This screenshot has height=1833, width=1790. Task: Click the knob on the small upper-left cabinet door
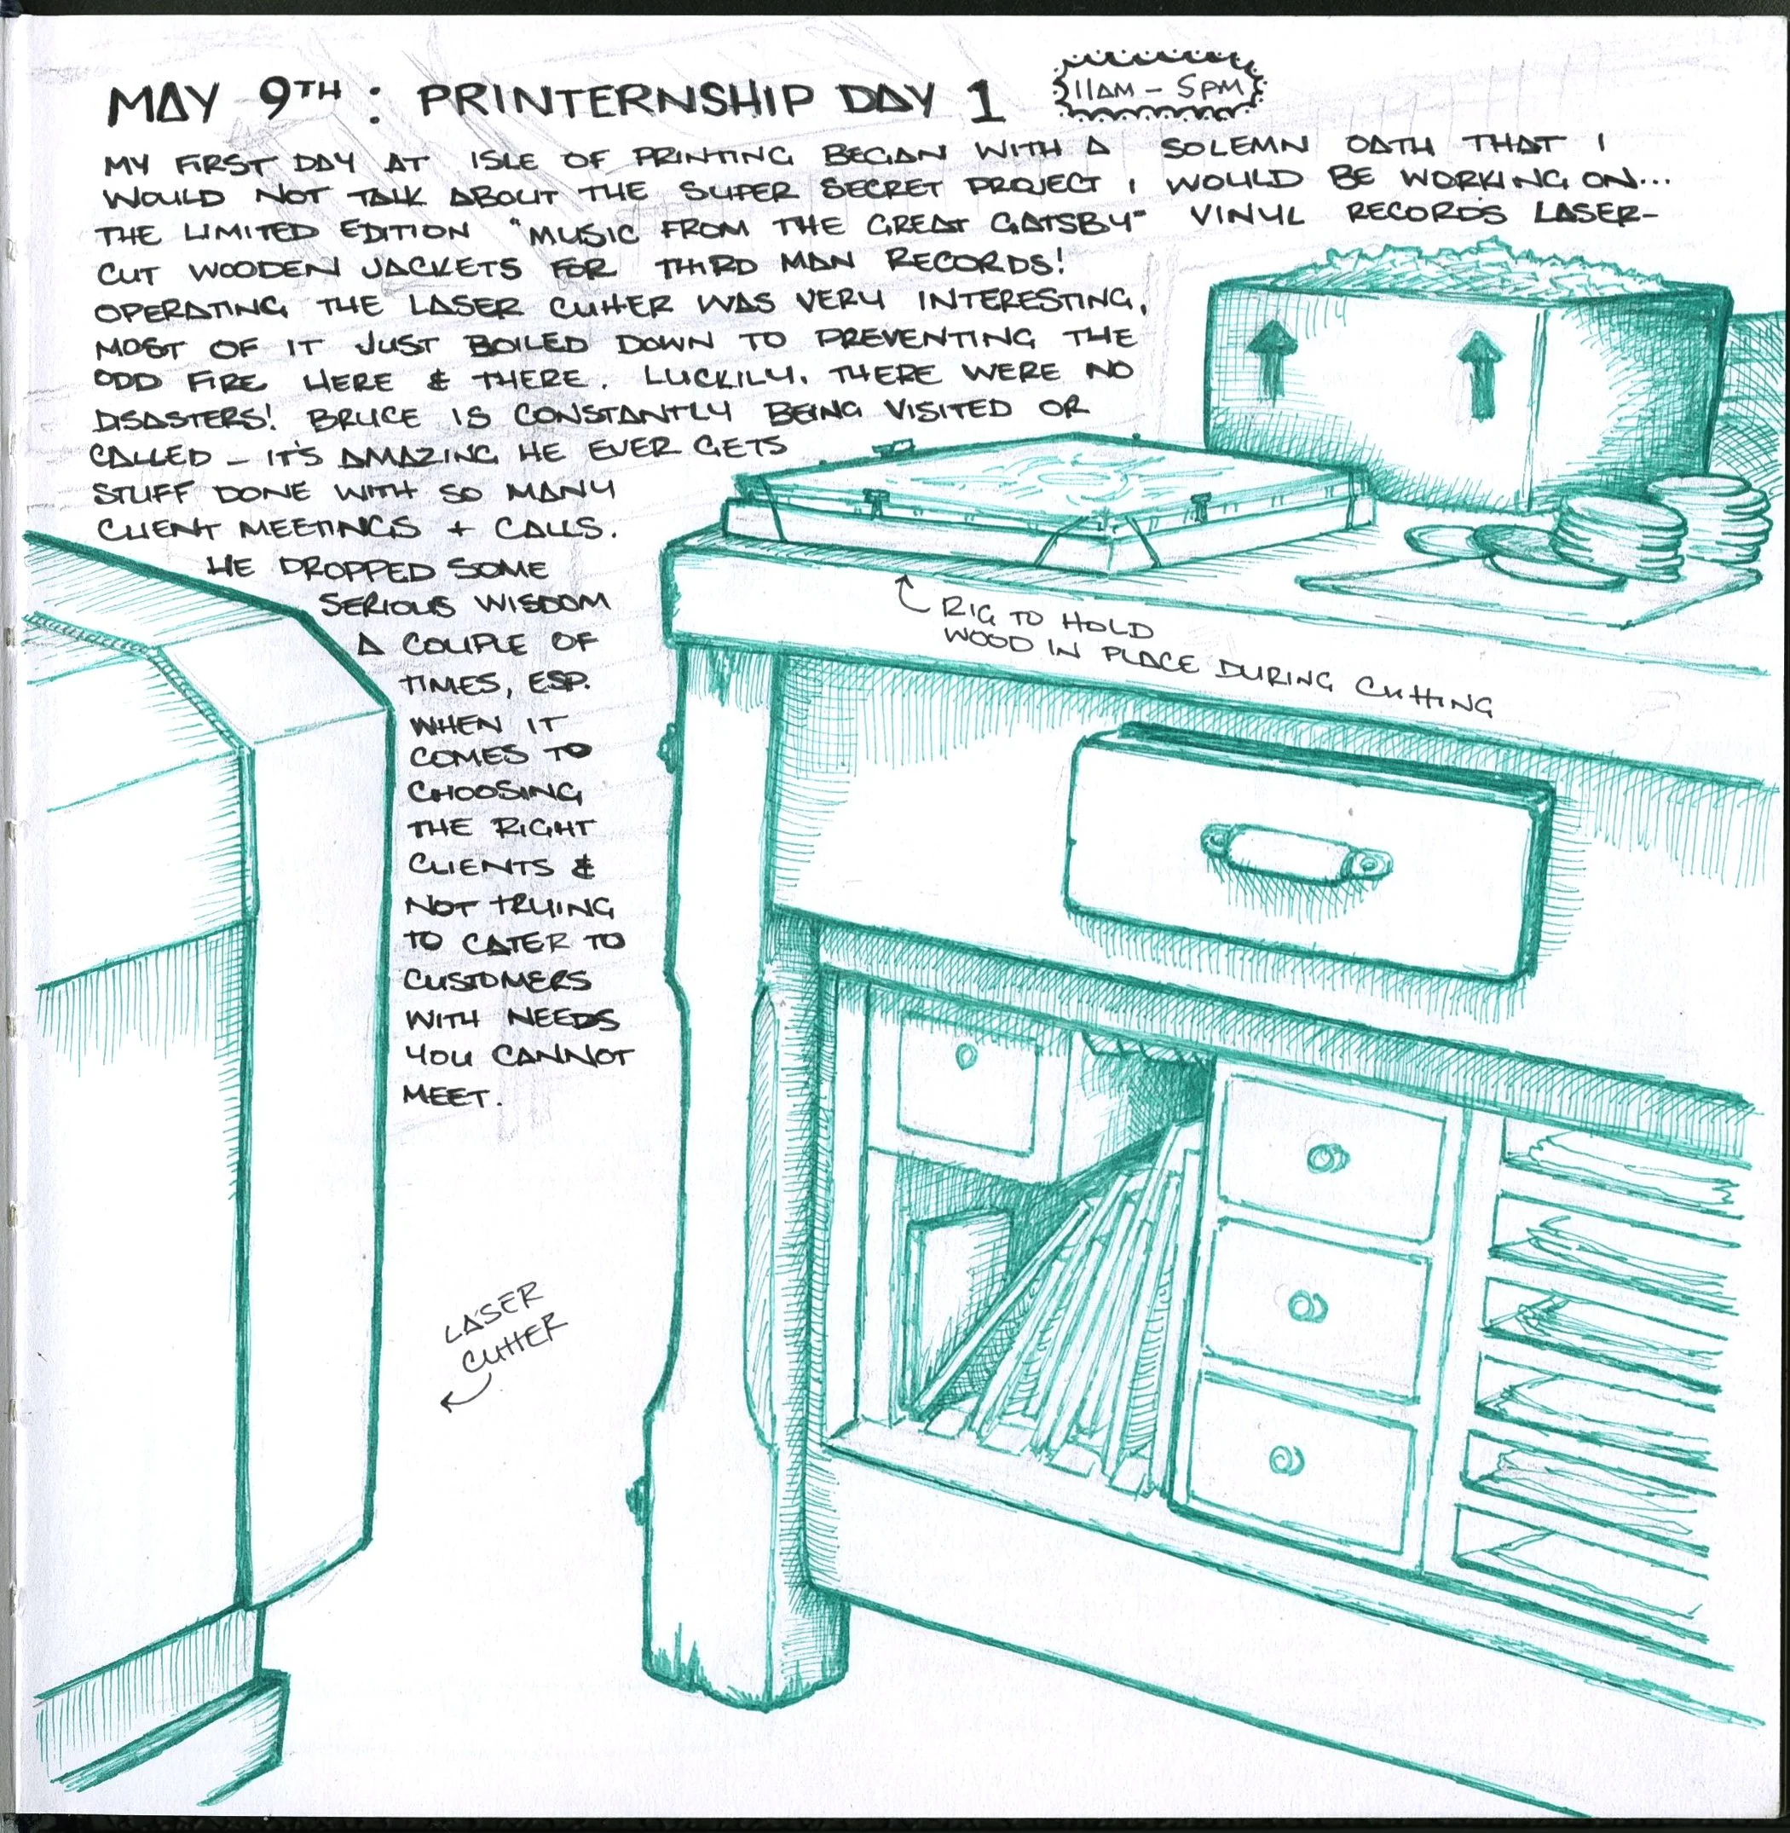click(967, 1056)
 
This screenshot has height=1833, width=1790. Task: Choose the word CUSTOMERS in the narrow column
click(497, 981)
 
